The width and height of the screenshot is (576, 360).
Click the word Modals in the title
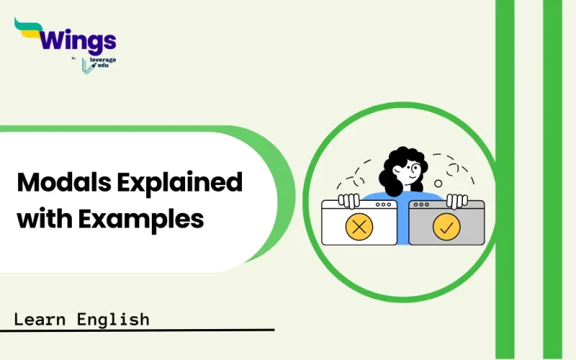click(61, 183)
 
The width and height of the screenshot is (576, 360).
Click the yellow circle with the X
click(359, 227)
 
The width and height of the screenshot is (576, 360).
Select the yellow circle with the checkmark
click(446, 227)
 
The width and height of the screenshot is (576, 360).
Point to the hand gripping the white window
click(349, 199)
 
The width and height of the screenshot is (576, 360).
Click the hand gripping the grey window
click(456, 199)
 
